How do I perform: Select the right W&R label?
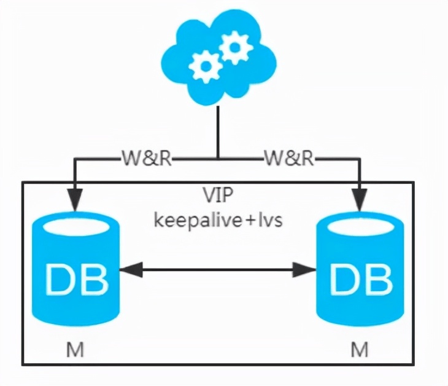pos(289,160)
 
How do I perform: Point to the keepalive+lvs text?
pos(218,219)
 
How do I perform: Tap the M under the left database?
pos(75,350)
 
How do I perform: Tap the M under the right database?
pos(360,350)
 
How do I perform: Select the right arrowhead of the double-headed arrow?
pos(304,269)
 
